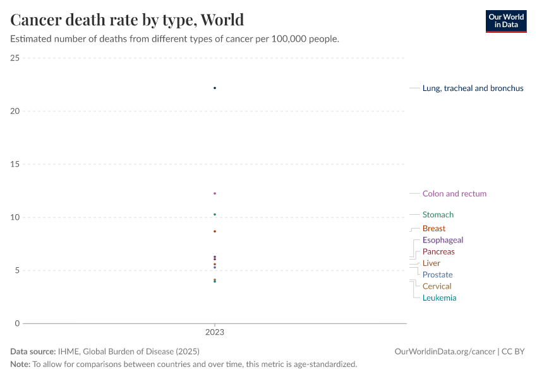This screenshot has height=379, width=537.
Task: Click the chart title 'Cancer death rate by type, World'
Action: point(127,20)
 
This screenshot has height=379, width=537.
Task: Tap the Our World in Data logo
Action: point(505,21)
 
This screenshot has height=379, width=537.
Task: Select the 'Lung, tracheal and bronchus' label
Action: point(473,88)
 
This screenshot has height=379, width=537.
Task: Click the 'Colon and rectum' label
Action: point(454,194)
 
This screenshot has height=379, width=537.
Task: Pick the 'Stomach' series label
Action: point(438,215)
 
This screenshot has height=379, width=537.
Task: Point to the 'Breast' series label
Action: point(433,229)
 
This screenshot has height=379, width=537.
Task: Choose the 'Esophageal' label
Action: point(442,240)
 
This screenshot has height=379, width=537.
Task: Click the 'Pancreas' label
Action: point(438,252)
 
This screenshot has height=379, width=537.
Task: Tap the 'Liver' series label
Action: point(431,263)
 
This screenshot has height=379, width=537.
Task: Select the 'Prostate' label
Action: point(437,275)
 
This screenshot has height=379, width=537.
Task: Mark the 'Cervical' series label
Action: point(437,286)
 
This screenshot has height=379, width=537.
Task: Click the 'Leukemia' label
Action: point(439,298)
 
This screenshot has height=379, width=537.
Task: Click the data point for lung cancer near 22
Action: point(215,88)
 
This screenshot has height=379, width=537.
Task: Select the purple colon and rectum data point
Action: point(215,193)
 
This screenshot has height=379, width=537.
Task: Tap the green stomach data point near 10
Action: point(215,214)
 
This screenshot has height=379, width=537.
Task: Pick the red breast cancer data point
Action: point(215,231)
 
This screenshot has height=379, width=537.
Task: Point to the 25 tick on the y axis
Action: point(15,58)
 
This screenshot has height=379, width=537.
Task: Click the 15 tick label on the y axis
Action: point(15,164)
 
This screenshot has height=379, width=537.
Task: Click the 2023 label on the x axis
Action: point(215,332)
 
